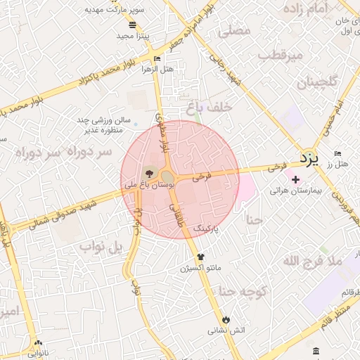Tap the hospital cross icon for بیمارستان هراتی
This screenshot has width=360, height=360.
click(x=295, y=179)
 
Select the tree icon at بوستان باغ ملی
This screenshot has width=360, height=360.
click(x=148, y=173)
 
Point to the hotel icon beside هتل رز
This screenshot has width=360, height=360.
click(x=338, y=154)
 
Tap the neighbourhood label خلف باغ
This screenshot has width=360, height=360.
click(x=205, y=108)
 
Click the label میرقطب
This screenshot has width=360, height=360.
click(x=280, y=54)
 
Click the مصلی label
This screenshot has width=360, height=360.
click(x=234, y=31)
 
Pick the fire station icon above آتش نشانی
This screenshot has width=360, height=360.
click(x=225, y=319)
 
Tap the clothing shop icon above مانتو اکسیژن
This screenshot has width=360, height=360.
click(x=201, y=257)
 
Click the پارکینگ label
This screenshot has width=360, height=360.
click(x=207, y=229)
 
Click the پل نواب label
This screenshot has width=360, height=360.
click(x=101, y=247)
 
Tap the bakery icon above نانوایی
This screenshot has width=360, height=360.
click(x=38, y=344)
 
